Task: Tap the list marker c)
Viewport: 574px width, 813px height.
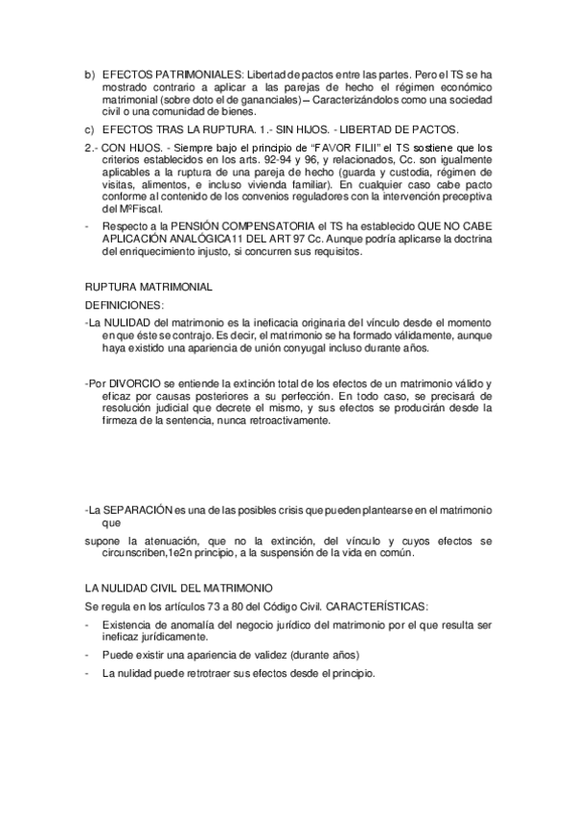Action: point(89,129)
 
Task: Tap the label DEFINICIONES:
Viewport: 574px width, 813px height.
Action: point(125,304)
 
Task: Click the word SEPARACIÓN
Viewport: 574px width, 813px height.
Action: point(141,507)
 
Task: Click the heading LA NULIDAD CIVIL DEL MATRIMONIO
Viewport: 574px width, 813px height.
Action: point(177,589)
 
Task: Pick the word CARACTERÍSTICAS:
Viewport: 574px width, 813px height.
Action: point(375,606)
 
